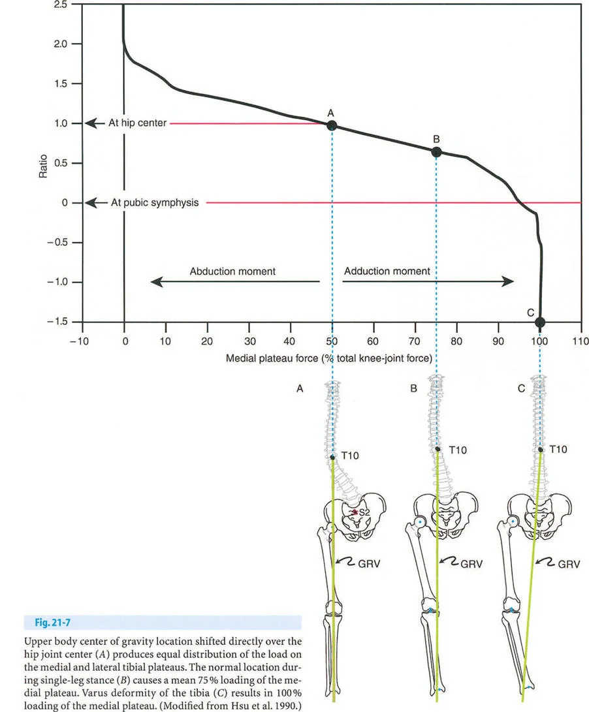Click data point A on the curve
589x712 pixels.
(332, 125)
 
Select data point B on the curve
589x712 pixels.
(436, 152)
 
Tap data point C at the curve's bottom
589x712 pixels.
(540, 322)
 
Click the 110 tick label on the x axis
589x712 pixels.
(580, 341)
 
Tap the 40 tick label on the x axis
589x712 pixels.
(290, 341)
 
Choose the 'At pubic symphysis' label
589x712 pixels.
(154, 203)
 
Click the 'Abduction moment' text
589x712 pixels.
(233, 271)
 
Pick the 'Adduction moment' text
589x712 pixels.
(387, 271)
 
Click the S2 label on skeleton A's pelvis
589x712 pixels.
(364, 514)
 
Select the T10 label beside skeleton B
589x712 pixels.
(458, 450)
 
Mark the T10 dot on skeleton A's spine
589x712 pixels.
(332, 458)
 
